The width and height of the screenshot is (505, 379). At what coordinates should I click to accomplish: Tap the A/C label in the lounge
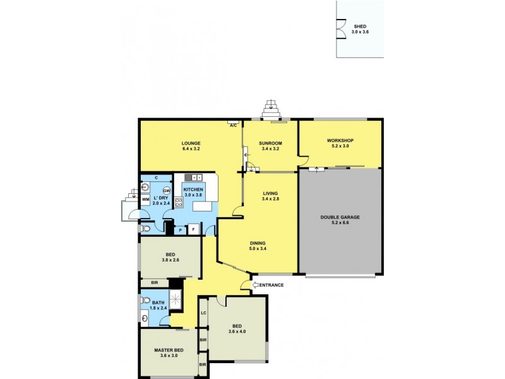(x=233, y=126)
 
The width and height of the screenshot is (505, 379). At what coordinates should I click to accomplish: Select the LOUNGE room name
(x=191, y=143)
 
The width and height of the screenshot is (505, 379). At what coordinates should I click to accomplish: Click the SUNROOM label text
(x=270, y=143)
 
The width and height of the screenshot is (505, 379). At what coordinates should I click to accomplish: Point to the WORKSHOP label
(x=340, y=140)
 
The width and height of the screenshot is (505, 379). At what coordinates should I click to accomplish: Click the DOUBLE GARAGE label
(x=340, y=217)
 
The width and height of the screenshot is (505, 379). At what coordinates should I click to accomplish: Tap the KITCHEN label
(x=193, y=189)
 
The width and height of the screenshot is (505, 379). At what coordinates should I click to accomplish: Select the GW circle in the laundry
(x=167, y=191)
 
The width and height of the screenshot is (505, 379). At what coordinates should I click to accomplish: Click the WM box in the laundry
(x=145, y=200)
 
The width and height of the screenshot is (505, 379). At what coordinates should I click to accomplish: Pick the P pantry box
(x=180, y=230)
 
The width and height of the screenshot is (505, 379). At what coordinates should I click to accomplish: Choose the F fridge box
(x=193, y=230)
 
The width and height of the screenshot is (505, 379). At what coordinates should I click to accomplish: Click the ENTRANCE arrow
(x=256, y=285)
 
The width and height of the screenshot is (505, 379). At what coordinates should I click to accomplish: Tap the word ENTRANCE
(x=272, y=286)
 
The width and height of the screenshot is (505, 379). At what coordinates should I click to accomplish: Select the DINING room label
(x=257, y=243)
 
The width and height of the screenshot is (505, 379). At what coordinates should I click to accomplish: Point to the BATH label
(x=158, y=303)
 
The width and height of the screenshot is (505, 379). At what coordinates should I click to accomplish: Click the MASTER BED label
(x=169, y=350)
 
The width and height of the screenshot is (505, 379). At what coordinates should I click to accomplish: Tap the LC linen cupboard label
(x=203, y=313)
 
